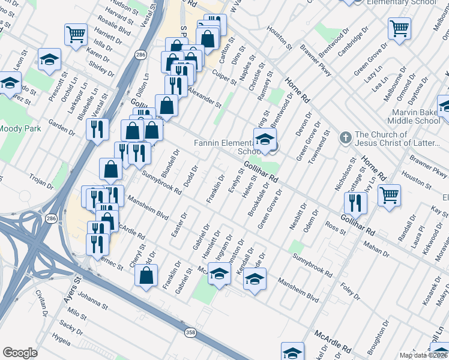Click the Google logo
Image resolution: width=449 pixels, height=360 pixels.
[20, 353]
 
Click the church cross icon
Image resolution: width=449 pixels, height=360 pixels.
[345, 138]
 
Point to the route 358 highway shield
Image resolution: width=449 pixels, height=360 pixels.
[190, 331]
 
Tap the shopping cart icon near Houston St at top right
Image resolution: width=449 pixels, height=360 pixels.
[399, 28]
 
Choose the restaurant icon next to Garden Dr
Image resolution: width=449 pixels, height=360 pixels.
[97, 128]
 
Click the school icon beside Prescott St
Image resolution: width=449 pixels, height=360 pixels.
[49, 59]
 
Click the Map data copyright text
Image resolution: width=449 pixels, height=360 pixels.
[424, 355]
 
